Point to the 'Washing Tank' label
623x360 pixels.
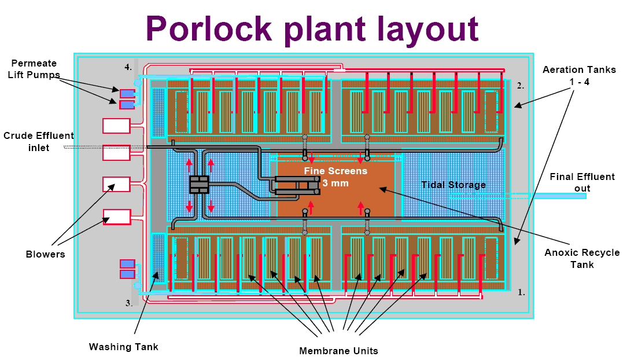click(x=123, y=347)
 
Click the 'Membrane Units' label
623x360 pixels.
click(x=338, y=350)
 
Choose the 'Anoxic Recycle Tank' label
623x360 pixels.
click(x=582, y=258)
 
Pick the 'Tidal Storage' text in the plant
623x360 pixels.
click(x=453, y=185)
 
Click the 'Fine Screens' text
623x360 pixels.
click(x=336, y=171)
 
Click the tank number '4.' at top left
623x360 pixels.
click(x=128, y=67)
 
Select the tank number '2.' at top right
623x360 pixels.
click(x=520, y=86)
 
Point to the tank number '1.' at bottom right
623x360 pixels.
click(x=521, y=292)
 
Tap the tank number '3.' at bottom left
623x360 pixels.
click(x=129, y=303)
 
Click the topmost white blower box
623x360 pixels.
click(x=116, y=125)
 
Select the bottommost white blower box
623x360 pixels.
click(x=116, y=216)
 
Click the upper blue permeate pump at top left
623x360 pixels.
click(x=127, y=93)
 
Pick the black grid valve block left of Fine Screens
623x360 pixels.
click(x=198, y=185)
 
